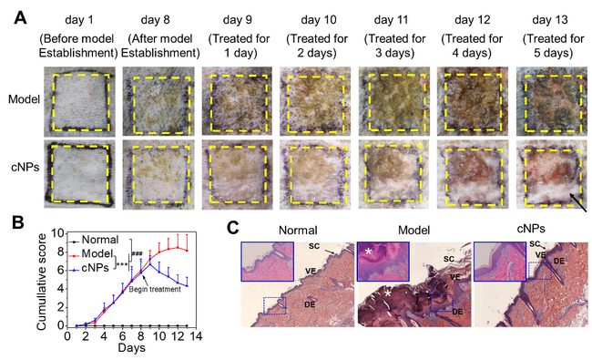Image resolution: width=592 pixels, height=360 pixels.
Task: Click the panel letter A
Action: [x=20, y=17]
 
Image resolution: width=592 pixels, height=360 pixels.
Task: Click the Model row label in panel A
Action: [x=25, y=99]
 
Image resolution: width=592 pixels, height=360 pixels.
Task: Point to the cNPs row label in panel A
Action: [x=26, y=167]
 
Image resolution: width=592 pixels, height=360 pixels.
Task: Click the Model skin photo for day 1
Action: [x=79, y=101]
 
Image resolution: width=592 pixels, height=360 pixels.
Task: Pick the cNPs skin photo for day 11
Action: [x=394, y=174]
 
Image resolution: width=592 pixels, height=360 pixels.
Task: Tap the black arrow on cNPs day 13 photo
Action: [x=578, y=203]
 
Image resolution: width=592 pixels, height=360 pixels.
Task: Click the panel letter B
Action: [x=18, y=222]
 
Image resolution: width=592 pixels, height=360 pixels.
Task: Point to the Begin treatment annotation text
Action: [x=155, y=289]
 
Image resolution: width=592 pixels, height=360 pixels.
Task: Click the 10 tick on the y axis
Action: [x=57, y=233]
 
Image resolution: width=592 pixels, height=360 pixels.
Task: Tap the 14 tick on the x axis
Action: [x=195, y=336]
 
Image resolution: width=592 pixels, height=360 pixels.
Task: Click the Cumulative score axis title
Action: [x=42, y=282]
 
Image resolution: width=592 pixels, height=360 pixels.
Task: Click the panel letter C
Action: [x=233, y=229]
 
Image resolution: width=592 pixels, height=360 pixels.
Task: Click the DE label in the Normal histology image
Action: [x=310, y=303]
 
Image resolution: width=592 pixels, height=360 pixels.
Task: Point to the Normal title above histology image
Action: [x=298, y=230]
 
